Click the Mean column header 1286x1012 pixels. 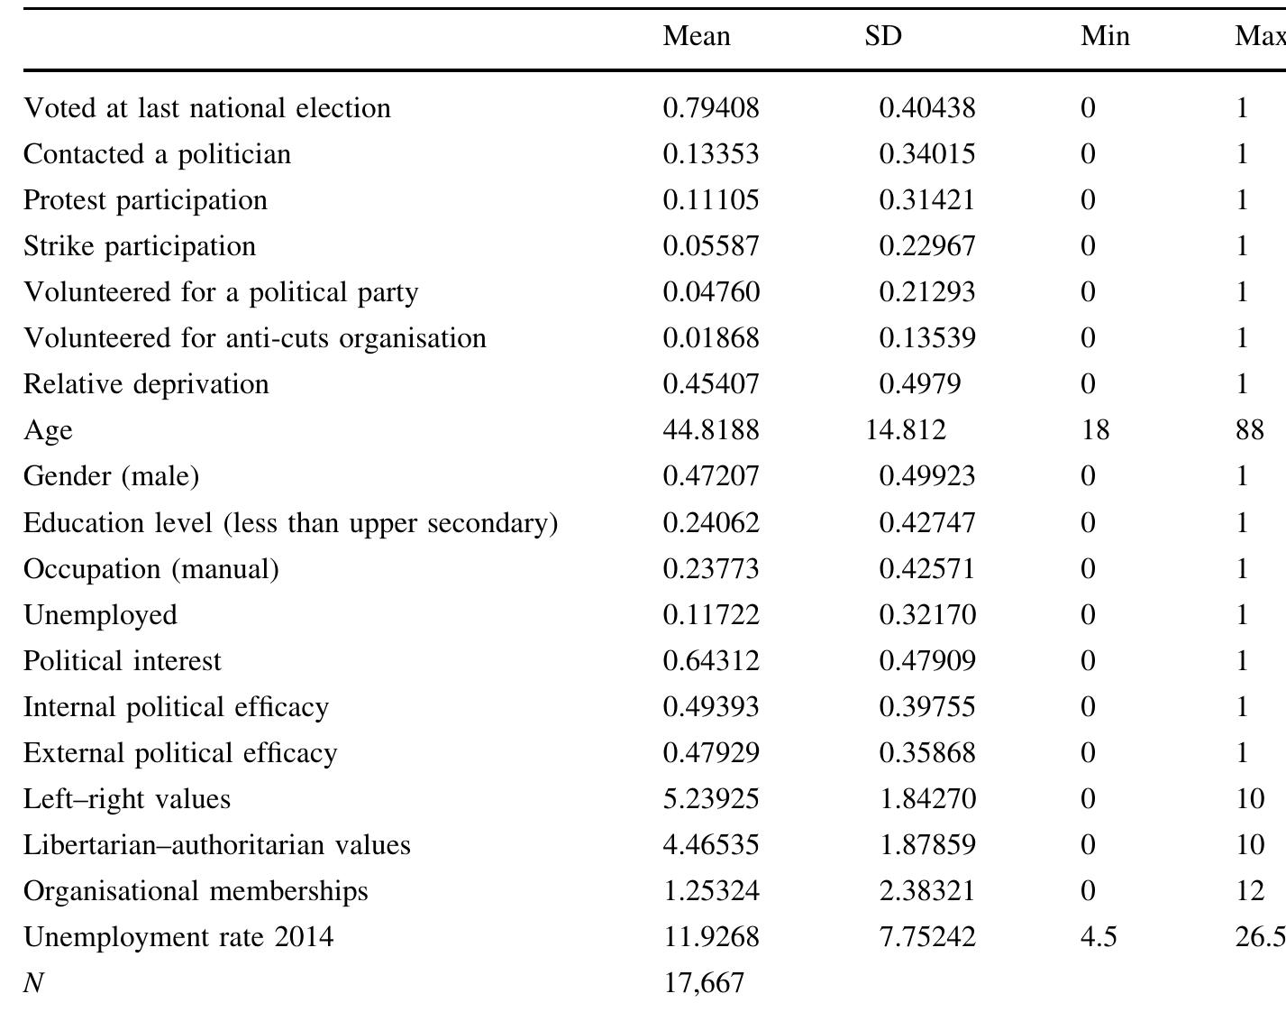697,36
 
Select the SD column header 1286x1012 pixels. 882,36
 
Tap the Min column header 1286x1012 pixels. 1105,36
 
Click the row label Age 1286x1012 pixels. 48,430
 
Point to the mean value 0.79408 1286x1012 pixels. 711,108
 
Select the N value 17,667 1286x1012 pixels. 705,982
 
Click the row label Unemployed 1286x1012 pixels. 100,615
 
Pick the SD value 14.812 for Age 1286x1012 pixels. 906,430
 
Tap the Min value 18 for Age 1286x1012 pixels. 1095,430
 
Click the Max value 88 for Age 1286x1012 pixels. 1250,430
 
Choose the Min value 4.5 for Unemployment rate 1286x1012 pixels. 1099,936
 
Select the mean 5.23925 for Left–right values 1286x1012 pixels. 711,799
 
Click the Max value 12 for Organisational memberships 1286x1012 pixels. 1250,891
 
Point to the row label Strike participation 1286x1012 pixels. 140,246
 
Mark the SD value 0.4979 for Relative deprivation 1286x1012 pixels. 919,384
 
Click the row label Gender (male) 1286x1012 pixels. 111,476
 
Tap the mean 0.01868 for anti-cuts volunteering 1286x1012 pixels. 711,338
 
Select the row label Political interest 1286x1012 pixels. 122,661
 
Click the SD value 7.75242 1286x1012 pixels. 926,936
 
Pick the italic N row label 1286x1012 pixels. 33,982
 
